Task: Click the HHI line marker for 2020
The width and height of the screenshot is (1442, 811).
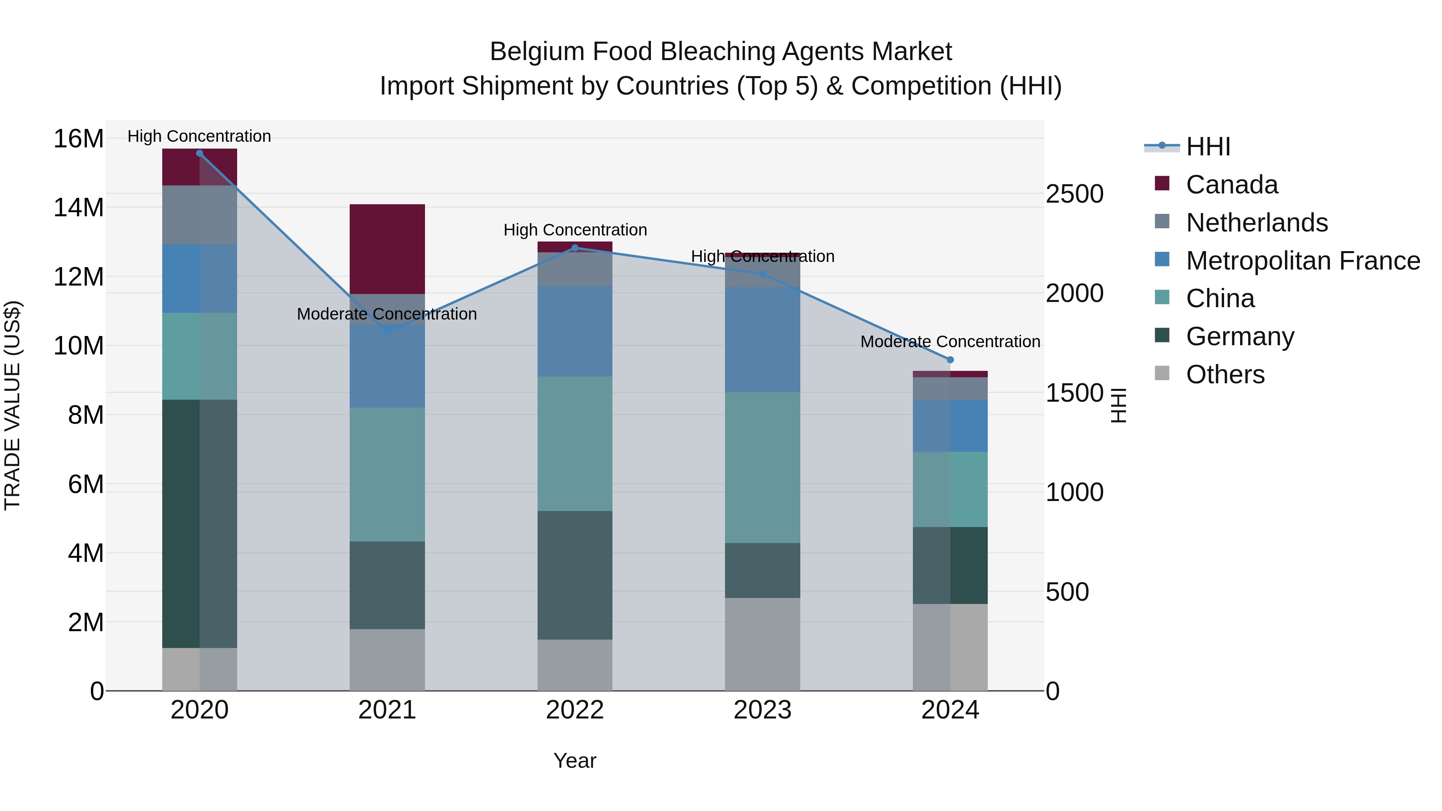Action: (200, 153)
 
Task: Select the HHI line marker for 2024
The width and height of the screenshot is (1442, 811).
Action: (950, 360)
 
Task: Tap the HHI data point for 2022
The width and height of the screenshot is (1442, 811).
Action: (575, 248)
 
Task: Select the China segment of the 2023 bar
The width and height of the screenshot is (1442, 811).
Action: (762, 467)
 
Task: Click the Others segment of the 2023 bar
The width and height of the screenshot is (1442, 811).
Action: (762, 644)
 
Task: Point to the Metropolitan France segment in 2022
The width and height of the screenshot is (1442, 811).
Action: (575, 331)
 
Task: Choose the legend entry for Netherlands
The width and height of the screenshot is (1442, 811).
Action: (1257, 223)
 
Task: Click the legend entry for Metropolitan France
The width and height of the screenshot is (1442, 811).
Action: (1303, 261)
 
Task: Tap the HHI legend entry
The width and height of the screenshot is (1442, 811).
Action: (1208, 147)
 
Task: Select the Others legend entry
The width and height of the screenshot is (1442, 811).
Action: (1225, 374)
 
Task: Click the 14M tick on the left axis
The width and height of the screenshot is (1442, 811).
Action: (79, 207)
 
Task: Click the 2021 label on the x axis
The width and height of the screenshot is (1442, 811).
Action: (387, 710)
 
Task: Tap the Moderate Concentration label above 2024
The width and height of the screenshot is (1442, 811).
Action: (950, 341)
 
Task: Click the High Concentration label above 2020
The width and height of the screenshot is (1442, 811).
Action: (199, 136)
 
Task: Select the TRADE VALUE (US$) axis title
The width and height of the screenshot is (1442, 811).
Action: (12, 405)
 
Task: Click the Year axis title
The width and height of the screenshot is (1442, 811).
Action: (575, 761)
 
